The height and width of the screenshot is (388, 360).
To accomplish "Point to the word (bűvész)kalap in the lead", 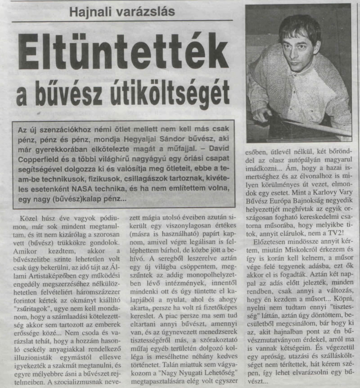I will pos(98,197).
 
